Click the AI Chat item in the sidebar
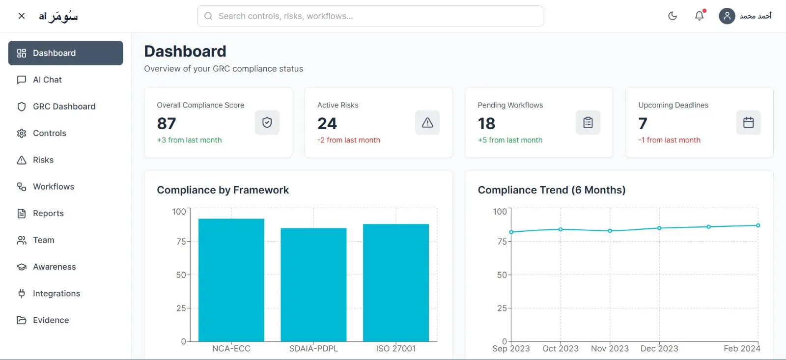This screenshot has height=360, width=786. [47, 80]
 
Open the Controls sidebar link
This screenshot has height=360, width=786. [49, 133]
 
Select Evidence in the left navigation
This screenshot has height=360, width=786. [51, 320]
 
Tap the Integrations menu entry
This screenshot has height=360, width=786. [56, 294]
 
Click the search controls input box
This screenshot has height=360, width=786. [370, 16]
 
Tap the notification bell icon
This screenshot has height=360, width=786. [699, 16]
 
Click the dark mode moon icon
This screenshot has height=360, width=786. [673, 16]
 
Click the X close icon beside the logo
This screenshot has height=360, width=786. [22, 16]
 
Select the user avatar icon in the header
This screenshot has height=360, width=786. [727, 16]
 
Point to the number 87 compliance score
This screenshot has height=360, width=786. [167, 123]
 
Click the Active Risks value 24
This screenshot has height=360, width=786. [327, 123]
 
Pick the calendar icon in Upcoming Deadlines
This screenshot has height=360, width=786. [748, 123]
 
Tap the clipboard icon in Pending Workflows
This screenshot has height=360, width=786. [588, 123]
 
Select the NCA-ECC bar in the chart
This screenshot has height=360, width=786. [231, 280]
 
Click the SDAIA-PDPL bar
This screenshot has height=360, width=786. [313, 285]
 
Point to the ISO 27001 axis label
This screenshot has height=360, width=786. [396, 349]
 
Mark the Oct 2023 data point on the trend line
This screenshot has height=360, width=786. [561, 229]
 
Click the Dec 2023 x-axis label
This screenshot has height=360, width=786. [659, 349]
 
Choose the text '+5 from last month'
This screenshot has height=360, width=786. [510, 140]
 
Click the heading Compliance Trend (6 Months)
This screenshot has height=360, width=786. [552, 190]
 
